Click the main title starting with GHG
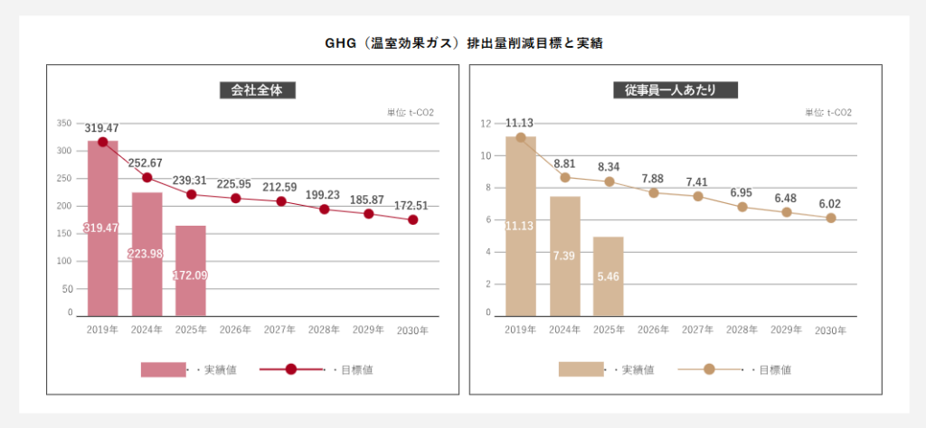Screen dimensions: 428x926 point(464,42)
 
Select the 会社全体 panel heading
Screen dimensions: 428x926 point(258,90)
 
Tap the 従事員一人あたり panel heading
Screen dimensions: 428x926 point(675,90)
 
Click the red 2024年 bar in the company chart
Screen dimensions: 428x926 point(147,253)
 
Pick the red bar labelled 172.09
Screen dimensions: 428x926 point(191,270)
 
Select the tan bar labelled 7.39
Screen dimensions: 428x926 point(565,256)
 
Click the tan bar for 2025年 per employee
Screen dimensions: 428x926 point(609,275)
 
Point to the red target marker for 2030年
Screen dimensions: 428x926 point(413,219)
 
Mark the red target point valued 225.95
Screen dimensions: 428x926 point(236,198)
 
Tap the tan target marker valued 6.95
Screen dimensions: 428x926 point(742,207)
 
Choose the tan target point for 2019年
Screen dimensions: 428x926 point(521,138)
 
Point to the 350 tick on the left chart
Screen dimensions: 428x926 point(63,124)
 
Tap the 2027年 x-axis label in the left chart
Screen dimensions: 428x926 point(280,330)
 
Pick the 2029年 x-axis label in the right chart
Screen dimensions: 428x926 point(786,330)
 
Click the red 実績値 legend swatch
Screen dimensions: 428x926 point(163,369)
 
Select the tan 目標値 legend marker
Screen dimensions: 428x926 point(709,369)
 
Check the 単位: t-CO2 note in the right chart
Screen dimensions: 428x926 point(828,113)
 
